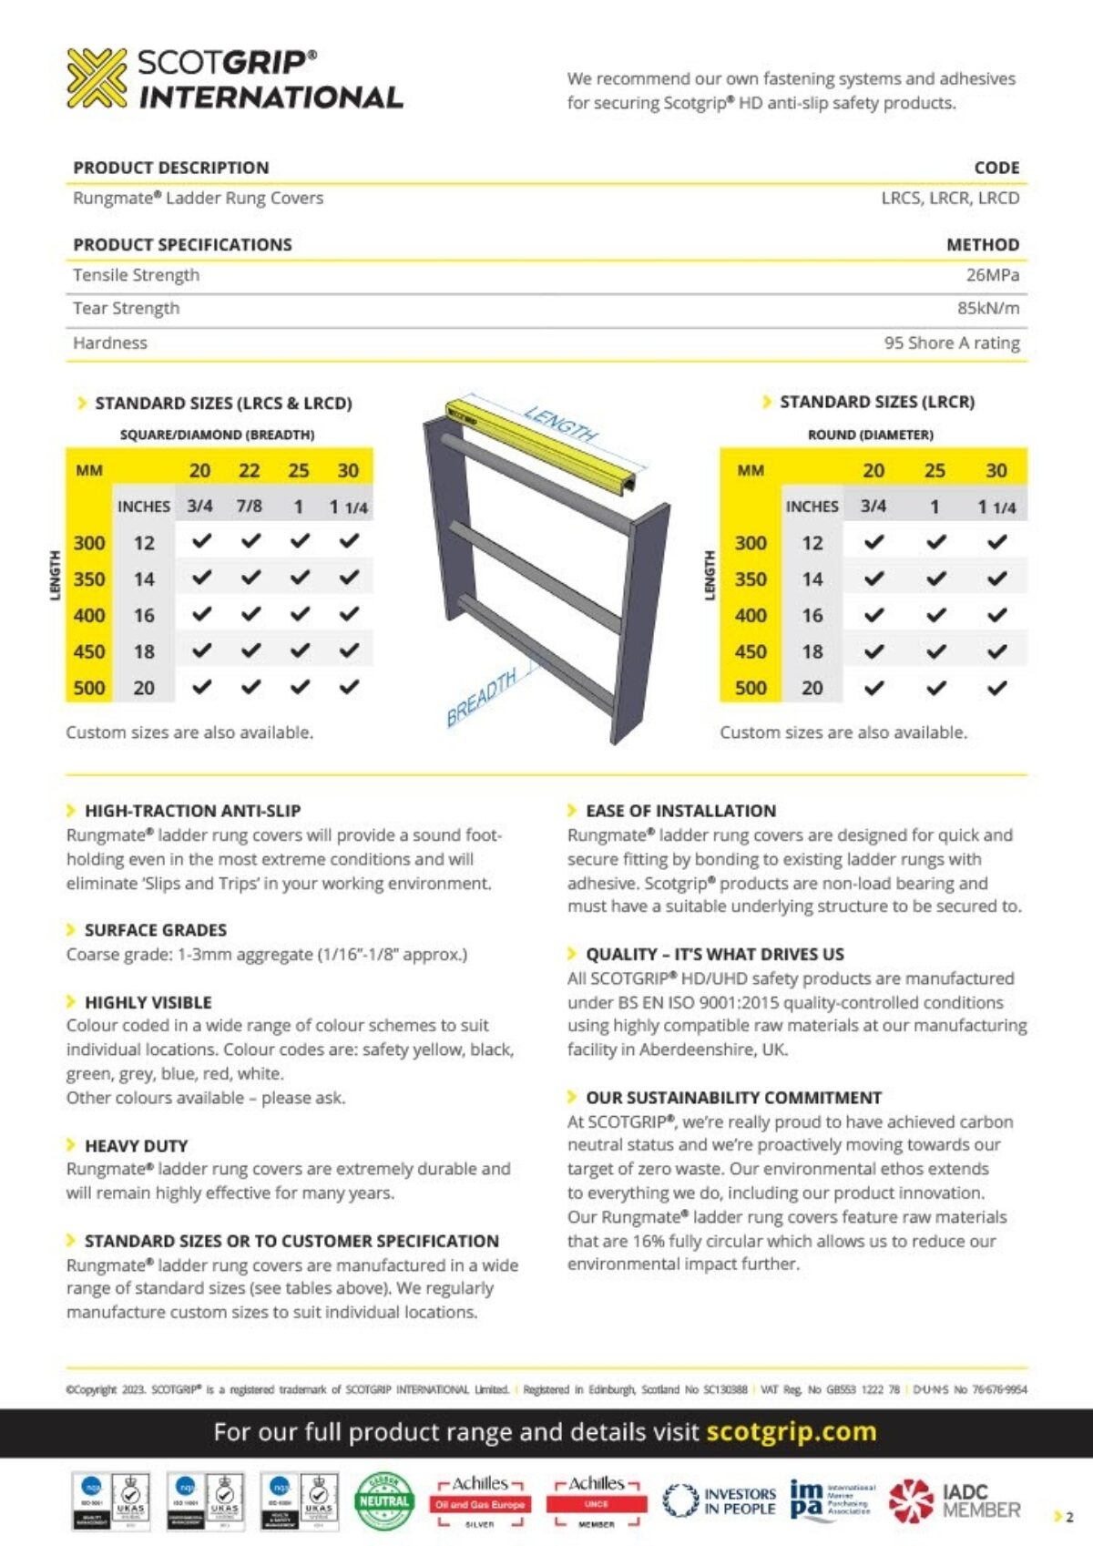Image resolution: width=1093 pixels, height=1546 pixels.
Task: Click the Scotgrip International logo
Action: click(x=234, y=79)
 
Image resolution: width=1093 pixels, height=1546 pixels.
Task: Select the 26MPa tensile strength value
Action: click(x=992, y=275)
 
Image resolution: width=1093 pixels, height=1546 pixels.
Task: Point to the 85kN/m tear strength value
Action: click(x=987, y=309)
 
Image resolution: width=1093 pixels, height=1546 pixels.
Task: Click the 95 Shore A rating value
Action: click(x=951, y=343)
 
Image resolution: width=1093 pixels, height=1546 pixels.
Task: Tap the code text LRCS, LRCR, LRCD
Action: click(x=949, y=199)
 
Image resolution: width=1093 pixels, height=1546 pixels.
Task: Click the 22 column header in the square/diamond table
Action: click(x=249, y=471)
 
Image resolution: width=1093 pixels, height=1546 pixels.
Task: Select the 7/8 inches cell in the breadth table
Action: click(x=249, y=507)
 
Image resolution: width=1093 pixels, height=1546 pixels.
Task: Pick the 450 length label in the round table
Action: click(x=751, y=651)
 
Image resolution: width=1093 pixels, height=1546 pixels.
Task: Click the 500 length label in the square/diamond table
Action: click(x=89, y=688)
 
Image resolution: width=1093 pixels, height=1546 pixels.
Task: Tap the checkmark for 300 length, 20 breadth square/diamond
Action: click(x=201, y=542)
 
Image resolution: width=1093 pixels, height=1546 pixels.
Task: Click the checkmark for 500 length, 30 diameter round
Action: click(x=997, y=688)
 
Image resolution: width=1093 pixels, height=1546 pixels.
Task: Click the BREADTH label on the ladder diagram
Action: click(x=482, y=698)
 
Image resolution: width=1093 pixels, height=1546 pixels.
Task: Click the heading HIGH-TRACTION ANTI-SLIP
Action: click(x=192, y=811)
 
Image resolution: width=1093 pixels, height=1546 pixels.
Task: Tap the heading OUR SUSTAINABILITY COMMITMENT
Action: click(x=733, y=1098)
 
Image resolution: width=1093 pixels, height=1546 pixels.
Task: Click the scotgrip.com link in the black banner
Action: click(x=791, y=1432)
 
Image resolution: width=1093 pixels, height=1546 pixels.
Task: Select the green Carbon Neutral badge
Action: click(x=384, y=1500)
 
